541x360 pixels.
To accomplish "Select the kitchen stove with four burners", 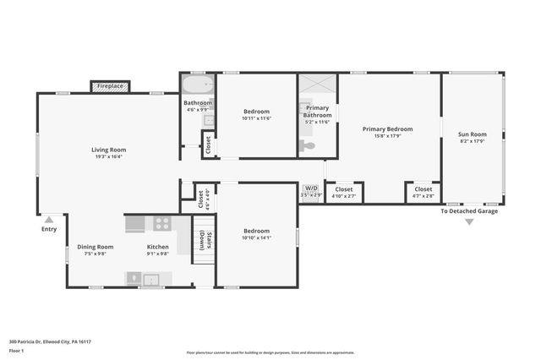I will coord(161,224).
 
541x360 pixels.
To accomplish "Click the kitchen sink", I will coord(152,279).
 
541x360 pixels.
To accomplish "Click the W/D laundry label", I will coord(311,188).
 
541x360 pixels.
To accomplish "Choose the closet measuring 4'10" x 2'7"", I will coord(344,193).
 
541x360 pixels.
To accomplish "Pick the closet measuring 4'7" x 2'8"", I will coord(423,193).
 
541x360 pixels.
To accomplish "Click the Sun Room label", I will coord(472,134).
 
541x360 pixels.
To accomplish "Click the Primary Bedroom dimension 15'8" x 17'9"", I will coord(387,135).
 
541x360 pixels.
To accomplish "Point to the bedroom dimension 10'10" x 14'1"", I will coord(257,237).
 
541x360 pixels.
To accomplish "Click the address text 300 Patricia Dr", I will coord(50,341).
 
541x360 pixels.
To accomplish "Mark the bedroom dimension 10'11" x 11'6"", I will coord(257,118).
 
